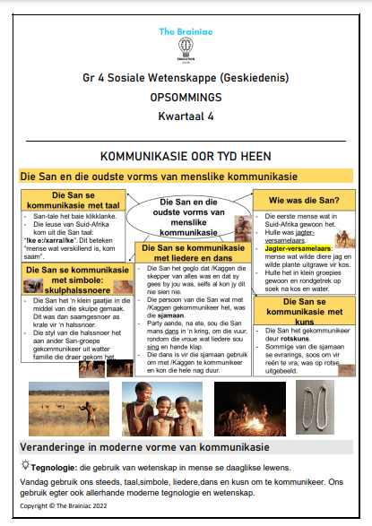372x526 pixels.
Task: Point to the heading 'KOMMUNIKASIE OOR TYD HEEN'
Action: tap(186, 155)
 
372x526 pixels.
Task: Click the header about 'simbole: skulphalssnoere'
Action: tap(69, 278)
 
